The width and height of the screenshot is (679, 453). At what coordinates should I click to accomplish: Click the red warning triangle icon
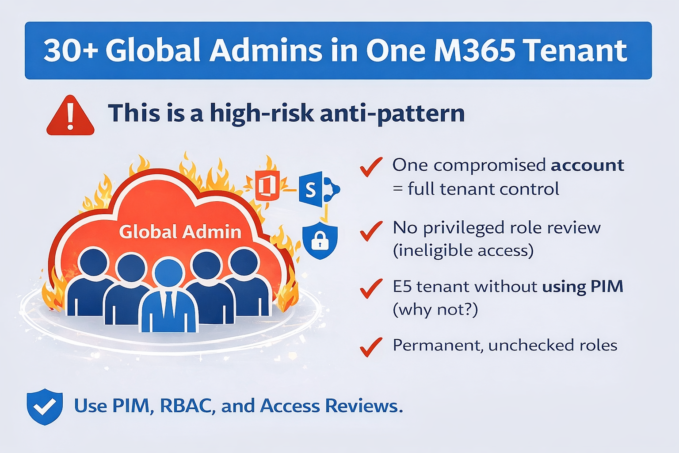[x=70, y=116]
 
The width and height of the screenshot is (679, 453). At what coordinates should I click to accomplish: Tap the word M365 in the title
[x=474, y=50]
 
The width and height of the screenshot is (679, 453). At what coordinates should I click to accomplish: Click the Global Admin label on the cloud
[x=180, y=232]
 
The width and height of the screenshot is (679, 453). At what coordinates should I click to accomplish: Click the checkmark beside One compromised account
[x=371, y=167]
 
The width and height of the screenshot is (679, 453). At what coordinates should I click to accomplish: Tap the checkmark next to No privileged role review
[x=371, y=230]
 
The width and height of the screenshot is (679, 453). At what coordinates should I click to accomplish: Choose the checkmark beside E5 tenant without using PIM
[x=371, y=288]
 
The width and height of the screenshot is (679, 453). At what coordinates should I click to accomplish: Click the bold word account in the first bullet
[x=587, y=165]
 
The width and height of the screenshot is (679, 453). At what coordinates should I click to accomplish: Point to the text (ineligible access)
[x=463, y=251]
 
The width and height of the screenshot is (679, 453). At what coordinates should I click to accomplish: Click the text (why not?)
[x=435, y=310]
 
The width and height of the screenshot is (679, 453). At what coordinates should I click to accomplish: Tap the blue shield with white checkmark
[x=45, y=407]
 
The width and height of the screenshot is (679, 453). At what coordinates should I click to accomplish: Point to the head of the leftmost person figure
[x=94, y=262]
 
